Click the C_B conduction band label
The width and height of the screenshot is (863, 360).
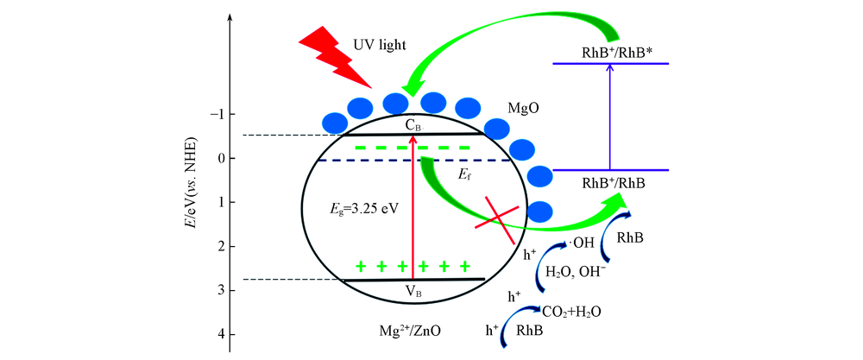click(x=414, y=125)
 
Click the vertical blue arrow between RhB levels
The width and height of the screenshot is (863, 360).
click(x=610, y=117)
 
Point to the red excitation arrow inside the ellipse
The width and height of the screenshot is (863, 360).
click(x=413, y=207)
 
